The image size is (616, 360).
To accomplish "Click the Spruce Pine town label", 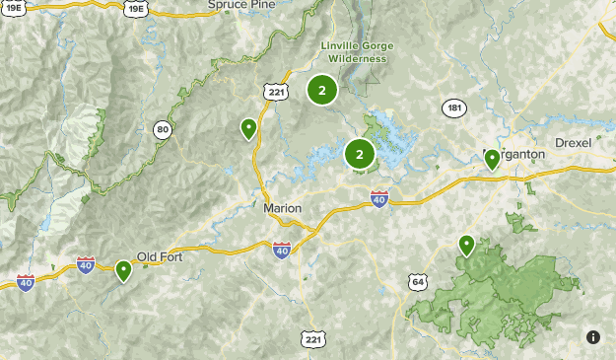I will (x=240, y=5).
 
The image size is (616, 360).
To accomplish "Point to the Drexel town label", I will (x=573, y=143).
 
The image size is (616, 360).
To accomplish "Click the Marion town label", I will (x=283, y=208).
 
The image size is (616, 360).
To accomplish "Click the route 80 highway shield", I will (x=162, y=128).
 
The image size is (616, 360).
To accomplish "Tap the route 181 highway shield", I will (x=454, y=108).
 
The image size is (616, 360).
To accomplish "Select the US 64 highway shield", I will (x=419, y=283).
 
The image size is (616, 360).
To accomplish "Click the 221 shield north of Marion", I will (x=275, y=92).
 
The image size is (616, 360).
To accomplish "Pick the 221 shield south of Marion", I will (x=311, y=339).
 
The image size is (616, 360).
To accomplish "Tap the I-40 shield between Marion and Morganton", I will (x=379, y=200).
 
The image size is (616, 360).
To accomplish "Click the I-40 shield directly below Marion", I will (x=282, y=250).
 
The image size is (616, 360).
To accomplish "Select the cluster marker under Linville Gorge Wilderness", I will (x=321, y=91).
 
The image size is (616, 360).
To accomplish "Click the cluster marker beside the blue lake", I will (x=359, y=154).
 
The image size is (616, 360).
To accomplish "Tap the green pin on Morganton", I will (x=492, y=159).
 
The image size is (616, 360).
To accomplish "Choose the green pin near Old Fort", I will (x=124, y=269).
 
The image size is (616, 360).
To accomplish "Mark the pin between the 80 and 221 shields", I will (x=248, y=128).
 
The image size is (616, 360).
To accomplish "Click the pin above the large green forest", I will (x=467, y=245).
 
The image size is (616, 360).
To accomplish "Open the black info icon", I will (x=593, y=337).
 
